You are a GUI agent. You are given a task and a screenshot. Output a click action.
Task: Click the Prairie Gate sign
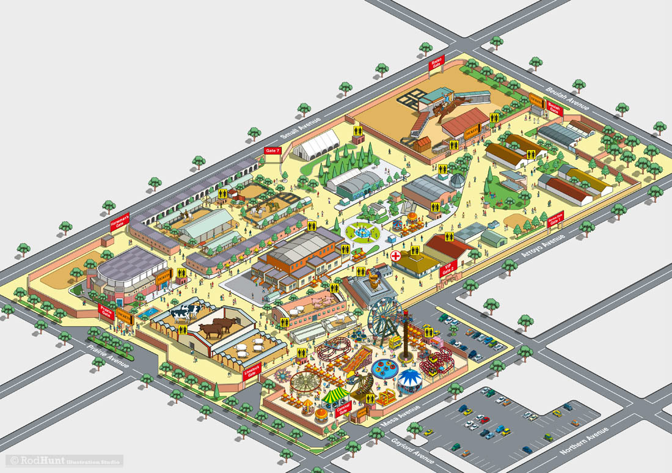pos(106,312)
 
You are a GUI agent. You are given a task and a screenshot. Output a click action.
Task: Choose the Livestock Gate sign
pos(251,372)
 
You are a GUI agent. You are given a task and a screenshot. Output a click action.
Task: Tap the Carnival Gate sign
pos(343,409)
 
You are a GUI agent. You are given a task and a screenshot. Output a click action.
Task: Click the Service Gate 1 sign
pos(555,219)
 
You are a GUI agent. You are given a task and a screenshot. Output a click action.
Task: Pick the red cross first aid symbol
pos(396,255)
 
